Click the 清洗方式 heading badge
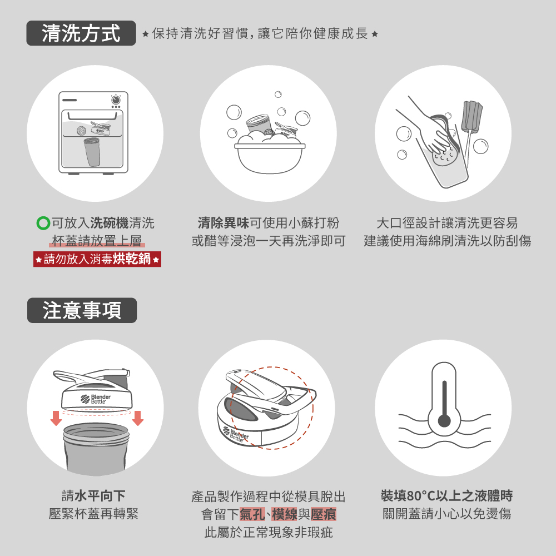(x=81, y=33)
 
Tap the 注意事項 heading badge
(x=82, y=310)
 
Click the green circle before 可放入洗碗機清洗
(x=43, y=223)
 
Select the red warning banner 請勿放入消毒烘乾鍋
(x=97, y=259)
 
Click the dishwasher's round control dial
(x=116, y=100)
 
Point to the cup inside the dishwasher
(x=92, y=152)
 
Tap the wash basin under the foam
(x=270, y=158)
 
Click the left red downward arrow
(x=56, y=418)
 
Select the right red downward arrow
(x=137, y=418)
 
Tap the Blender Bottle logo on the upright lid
(x=96, y=399)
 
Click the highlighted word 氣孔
(x=252, y=514)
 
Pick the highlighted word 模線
(x=284, y=514)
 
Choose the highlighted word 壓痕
(x=323, y=514)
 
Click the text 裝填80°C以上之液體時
(x=447, y=496)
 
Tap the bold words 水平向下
(x=100, y=496)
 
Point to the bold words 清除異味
(x=224, y=223)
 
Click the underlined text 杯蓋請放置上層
(x=97, y=241)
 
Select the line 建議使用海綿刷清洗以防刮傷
(x=448, y=241)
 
